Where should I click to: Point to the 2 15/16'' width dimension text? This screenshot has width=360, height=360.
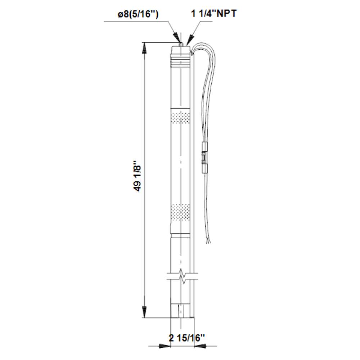pyautogui.click(x=186, y=338)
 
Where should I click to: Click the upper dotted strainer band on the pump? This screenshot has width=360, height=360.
pyautogui.click(x=181, y=118)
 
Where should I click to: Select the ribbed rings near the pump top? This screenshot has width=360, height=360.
pyautogui.click(x=181, y=64)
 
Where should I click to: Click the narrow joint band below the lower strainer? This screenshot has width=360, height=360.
pyautogui.click(x=181, y=236)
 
